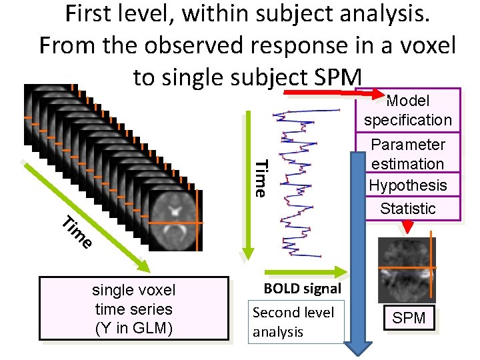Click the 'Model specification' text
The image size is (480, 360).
coord(407,110)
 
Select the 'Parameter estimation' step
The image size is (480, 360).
coord(407,154)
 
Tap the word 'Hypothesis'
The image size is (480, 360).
coord(407,185)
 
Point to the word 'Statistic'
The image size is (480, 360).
coord(407,208)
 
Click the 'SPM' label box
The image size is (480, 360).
coord(409,318)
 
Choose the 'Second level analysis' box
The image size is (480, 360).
coord(295,322)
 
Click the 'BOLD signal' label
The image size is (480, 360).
coord(302,289)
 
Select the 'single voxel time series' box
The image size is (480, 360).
coord(133,309)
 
